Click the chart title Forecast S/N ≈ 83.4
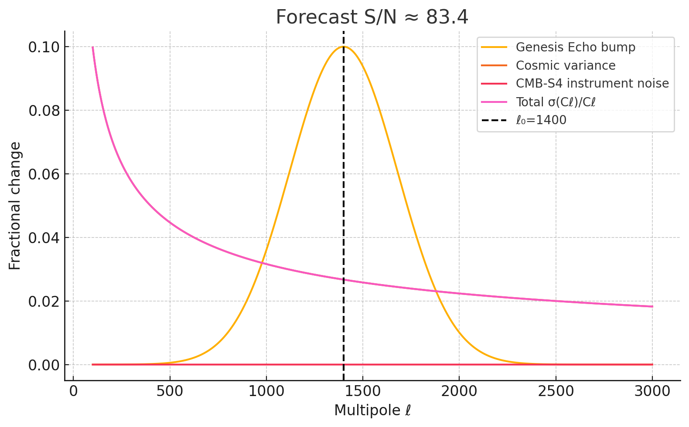click(372, 17)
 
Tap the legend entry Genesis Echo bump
click(575, 47)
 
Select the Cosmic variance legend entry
click(565, 65)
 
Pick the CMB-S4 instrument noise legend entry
click(592, 83)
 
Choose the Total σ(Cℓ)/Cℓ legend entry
click(555, 102)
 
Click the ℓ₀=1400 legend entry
click(541, 119)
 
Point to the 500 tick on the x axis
click(170, 391)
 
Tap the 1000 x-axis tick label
click(266, 391)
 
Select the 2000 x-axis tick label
click(459, 391)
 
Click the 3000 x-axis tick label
click(652, 391)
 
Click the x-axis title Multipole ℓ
click(372, 410)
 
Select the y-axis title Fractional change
click(15, 206)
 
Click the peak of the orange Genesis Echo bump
click(344, 47)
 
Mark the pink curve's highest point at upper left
click(92, 47)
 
